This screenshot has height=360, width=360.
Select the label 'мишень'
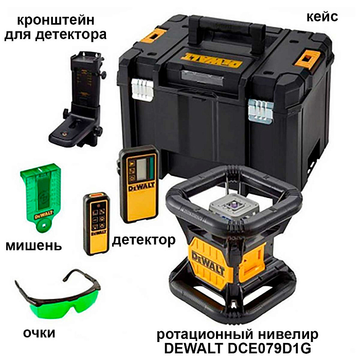pyautogui.click(x=33, y=245)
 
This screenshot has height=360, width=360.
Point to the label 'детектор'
pyautogui.click(x=143, y=240)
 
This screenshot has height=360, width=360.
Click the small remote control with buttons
pyautogui.click(x=96, y=223)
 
